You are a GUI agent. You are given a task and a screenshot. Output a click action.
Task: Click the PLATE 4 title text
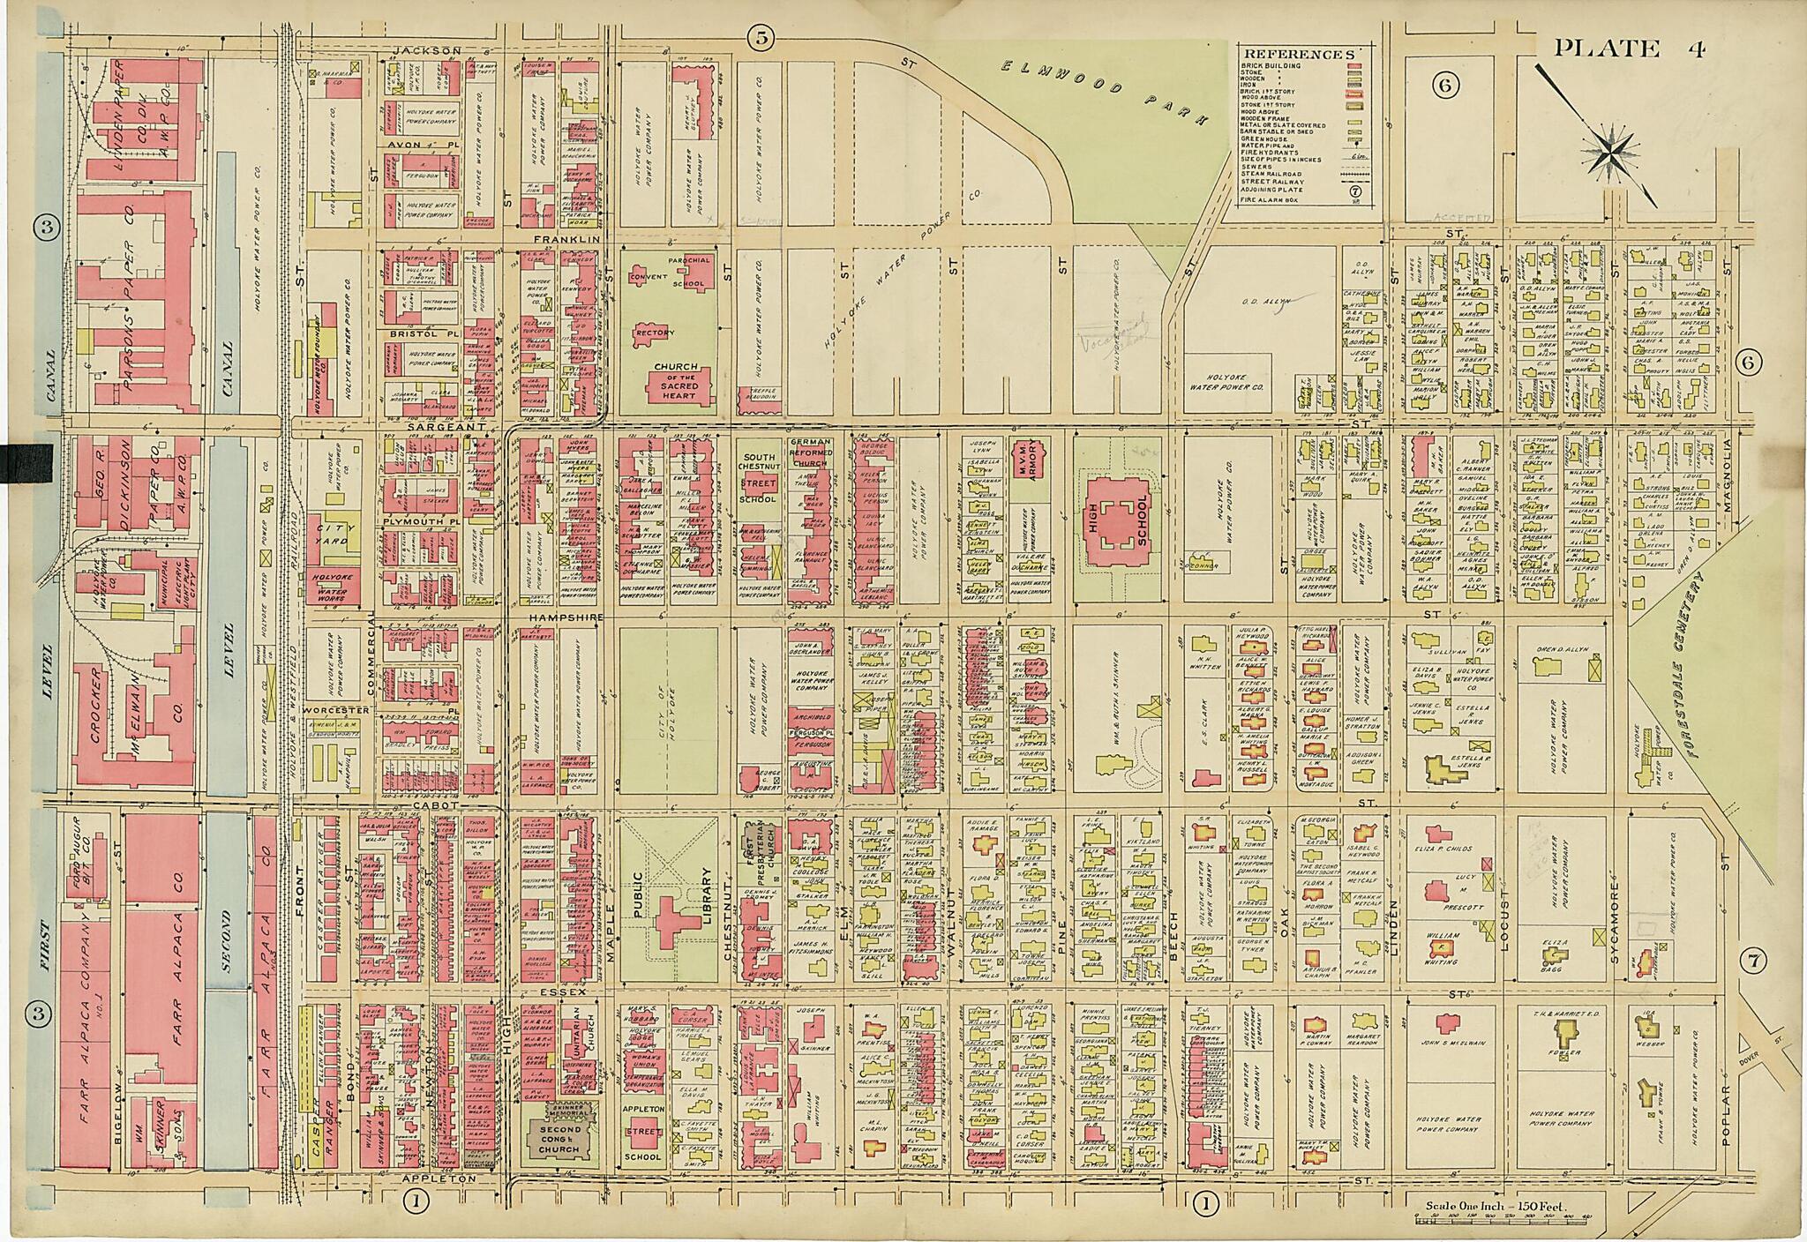[x=1628, y=49]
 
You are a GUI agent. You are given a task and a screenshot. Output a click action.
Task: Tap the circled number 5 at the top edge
[x=760, y=37]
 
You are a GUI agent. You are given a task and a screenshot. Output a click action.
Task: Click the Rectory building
[x=654, y=333]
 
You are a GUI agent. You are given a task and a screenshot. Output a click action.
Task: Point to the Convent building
[x=649, y=277]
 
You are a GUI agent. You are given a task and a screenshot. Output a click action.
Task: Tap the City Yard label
[x=334, y=529]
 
